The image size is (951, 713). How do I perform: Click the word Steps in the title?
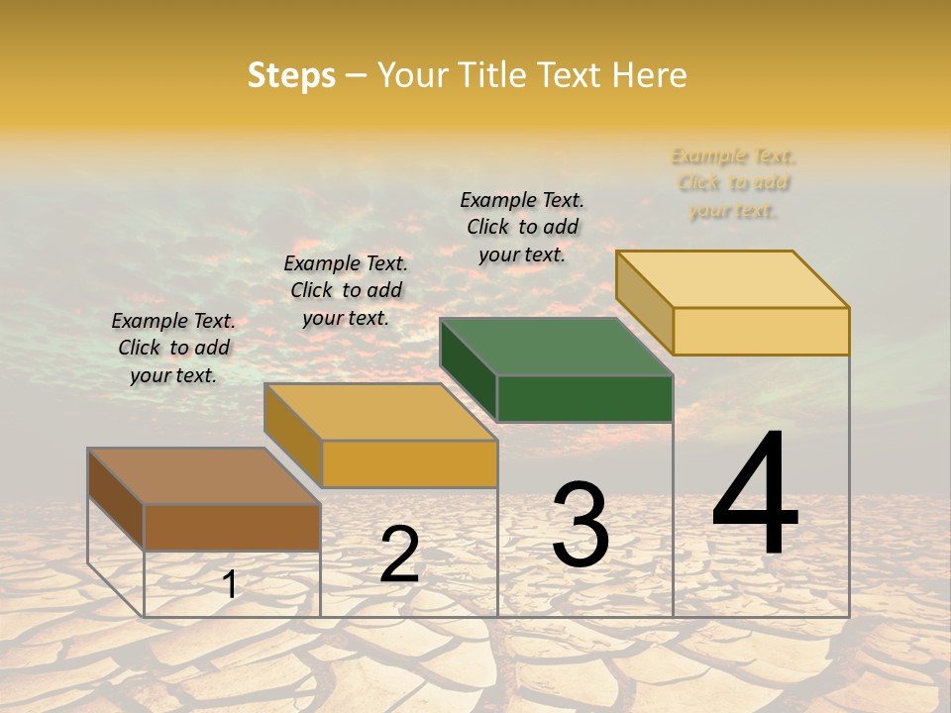pyautogui.click(x=291, y=75)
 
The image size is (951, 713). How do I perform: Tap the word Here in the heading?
pyautogui.click(x=649, y=75)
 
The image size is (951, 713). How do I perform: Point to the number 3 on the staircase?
pyautogui.click(x=581, y=525)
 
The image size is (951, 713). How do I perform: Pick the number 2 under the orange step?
pyautogui.click(x=399, y=555)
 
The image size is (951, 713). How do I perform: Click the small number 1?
pyautogui.click(x=230, y=584)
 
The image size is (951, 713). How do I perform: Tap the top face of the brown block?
pyautogui.click(x=203, y=475)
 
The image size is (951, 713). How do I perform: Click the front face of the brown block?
pyautogui.click(x=232, y=527)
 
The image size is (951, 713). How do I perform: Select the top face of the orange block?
pyautogui.click(x=379, y=411)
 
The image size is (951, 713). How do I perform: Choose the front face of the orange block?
pyautogui.click(x=409, y=463)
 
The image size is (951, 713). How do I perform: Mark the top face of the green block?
pyautogui.click(x=556, y=347)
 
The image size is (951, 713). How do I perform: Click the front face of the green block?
pyautogui.click(x=584, y=398)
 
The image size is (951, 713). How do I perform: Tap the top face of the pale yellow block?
pyautogui.click(x=732, y=278)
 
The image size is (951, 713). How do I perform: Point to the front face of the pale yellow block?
pyautogui.click(x=761, y=331)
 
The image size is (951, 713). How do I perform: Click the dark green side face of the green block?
pyautogui.click(x=468, y=368)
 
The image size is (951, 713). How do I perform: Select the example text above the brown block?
pyautogui.click(x=173, y=348)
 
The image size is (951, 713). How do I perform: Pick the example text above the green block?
pyautogui.click(x=522, y=227)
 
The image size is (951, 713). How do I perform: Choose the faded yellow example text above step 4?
pyautogui.click(x=733, y=183)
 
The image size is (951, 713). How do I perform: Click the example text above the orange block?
pyautogui.click(x=346, y=290)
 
